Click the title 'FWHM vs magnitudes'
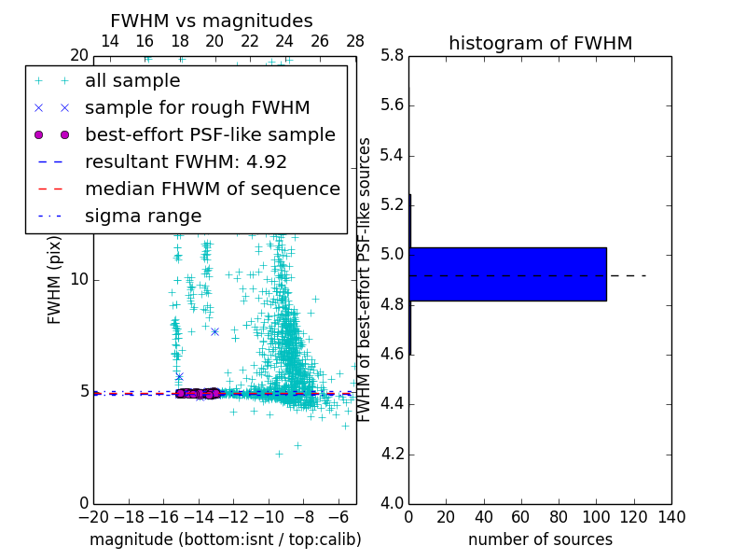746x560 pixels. point(212,21)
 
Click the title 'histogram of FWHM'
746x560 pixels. point(540,43)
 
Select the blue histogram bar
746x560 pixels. point(507,273)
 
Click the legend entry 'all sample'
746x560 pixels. point(132,80)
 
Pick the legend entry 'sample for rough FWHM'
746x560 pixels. point(197,107)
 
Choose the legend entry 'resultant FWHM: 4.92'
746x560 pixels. point(186,161)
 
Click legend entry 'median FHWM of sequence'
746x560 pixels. point(212,189)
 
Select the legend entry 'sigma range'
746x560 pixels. point(143,216)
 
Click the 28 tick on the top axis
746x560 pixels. point(355,41)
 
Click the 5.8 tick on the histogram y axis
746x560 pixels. point(392,55)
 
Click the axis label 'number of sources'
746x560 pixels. point(540,539)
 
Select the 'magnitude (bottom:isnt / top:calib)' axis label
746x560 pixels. point(225,539)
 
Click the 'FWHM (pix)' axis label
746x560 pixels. point(55,279)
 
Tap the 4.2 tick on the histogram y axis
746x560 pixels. point(392,454)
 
